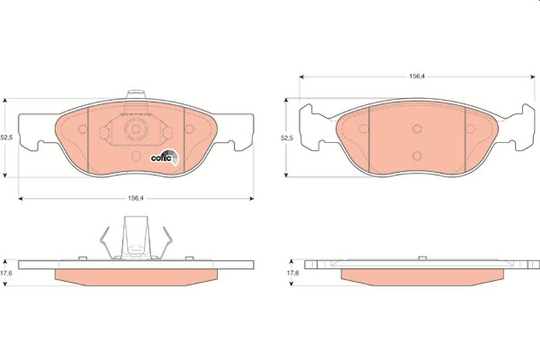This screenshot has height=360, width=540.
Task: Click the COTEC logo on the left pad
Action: click(165, 157)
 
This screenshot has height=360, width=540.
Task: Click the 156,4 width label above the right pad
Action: click(416, 76)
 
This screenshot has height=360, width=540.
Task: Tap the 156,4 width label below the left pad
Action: click(136, 198)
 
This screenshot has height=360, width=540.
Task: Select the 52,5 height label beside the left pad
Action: click(6, 138)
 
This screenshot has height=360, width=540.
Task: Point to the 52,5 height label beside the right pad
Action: click(287, 138)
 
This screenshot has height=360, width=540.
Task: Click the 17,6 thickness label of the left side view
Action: click(6, 273)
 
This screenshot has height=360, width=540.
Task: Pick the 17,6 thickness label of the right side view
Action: click(293, 273)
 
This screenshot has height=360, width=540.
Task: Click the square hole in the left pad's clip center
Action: click(136, 129)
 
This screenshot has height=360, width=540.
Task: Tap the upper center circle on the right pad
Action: click(417, 129)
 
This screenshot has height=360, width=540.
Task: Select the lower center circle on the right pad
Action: click(417, 156)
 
